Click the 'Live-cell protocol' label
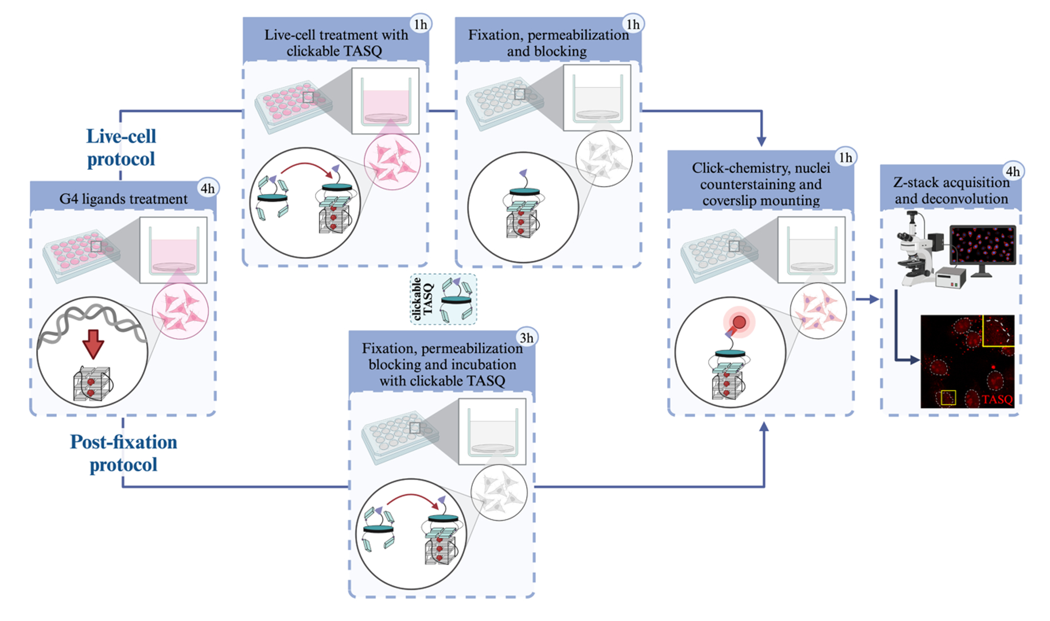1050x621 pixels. [x=121, y=148]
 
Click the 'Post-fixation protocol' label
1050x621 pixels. [x=123, y=453]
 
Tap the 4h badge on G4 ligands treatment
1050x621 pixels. [x=207, y=188]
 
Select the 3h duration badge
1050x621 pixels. [x=526, y=338]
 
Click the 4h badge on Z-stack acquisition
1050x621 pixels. [x=1013, y=172]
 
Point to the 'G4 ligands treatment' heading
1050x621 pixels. [x=123, y=199]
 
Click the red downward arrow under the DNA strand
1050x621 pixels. [x=93, y=343]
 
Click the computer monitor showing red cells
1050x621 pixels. [x=982, y=246]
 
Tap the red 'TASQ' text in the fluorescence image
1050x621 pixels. [x=997, y=399]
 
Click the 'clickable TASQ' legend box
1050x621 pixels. [x=443, y=299]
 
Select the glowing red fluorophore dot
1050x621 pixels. [x=739, y=322]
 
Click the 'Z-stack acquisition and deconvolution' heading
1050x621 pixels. [x=951, y=191]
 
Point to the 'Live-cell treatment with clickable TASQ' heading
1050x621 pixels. [x=336, y=43]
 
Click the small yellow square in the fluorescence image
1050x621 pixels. [x=948, y=397]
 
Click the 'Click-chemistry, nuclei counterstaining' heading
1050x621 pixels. [x=761, y=184]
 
